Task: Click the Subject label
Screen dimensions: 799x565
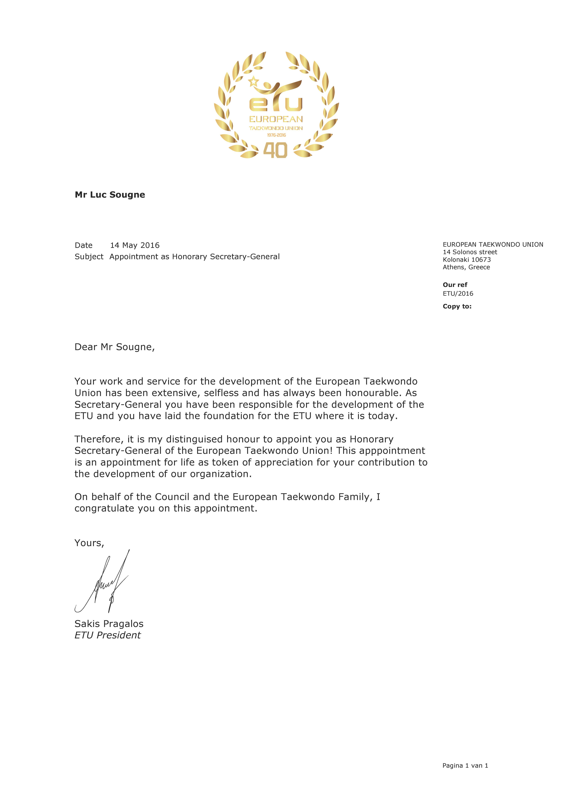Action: coord(89,257)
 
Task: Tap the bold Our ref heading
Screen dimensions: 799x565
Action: coord(455,285)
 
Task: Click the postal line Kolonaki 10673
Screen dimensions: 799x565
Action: coord(466,260)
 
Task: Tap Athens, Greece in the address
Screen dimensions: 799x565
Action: coord(466,267)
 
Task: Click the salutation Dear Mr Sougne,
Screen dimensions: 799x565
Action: coord(115,347)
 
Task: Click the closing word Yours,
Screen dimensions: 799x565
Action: coord(89,543)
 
